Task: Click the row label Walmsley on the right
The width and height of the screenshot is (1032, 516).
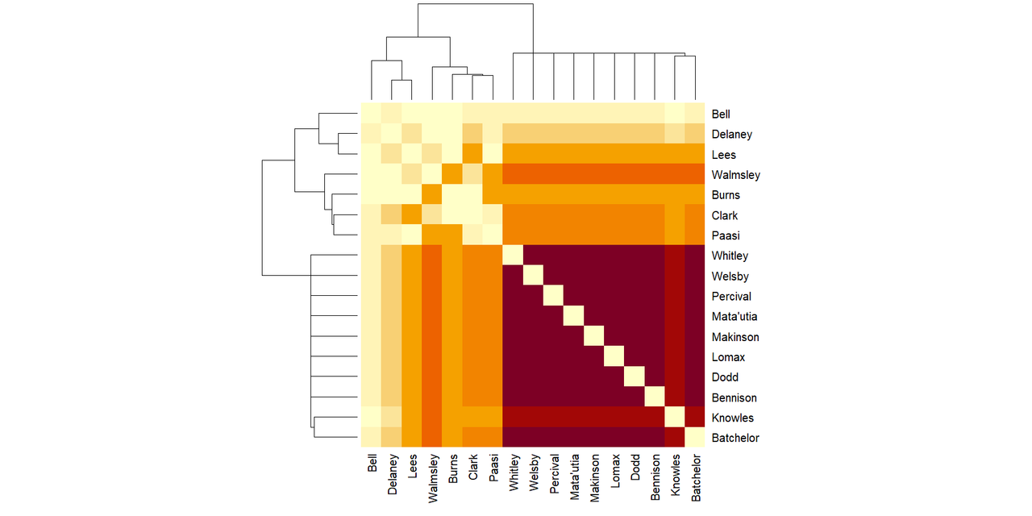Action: pyautogui.click(x=735, y=175)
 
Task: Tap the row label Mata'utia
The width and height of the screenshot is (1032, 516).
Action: pyautogui.click(x=734, y=317)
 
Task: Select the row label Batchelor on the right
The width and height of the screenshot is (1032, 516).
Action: pyautogui.click(x=735, y=439)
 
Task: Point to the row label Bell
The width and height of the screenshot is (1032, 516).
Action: pyautogui.click(x=722, y=114)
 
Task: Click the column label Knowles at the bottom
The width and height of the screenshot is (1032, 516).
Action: pyautogui.click(x=676, y=481)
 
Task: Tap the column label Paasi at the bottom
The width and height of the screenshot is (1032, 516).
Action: pyautogui.click(x=493, y=471)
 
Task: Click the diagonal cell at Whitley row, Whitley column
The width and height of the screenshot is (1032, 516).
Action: pyautogui.click(x=513, y=256)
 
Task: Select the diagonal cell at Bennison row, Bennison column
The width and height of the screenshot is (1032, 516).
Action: pyautogui.click(x=655, y=397)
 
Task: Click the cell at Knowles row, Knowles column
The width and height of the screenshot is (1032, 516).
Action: pyautogui.click(x=675, y=418)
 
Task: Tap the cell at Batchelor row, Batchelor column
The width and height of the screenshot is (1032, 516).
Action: pyautogui.click(x=695, y=438)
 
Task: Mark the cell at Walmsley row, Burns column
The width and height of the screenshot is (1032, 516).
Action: pyautogui.click(x=452, y=174)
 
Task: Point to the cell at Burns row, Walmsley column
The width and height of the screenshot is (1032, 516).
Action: pyautogui.click(x=432, y=194)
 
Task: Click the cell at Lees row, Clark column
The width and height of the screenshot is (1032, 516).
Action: pyautogui.click(x=472, y=154)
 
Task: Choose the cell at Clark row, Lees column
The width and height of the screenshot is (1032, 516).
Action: pyautogui.click(x=412, y=215)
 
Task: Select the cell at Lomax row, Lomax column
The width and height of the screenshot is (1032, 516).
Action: pyautogui.click(x=614, y=357)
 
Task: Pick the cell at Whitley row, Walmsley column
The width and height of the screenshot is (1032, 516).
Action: pyautogui.click(x=432, y=256)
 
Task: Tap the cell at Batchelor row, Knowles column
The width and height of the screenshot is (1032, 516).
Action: pyautogui.click(x=675, y=438)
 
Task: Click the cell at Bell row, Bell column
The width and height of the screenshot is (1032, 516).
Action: pyautogui.click(x=371, y=114)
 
